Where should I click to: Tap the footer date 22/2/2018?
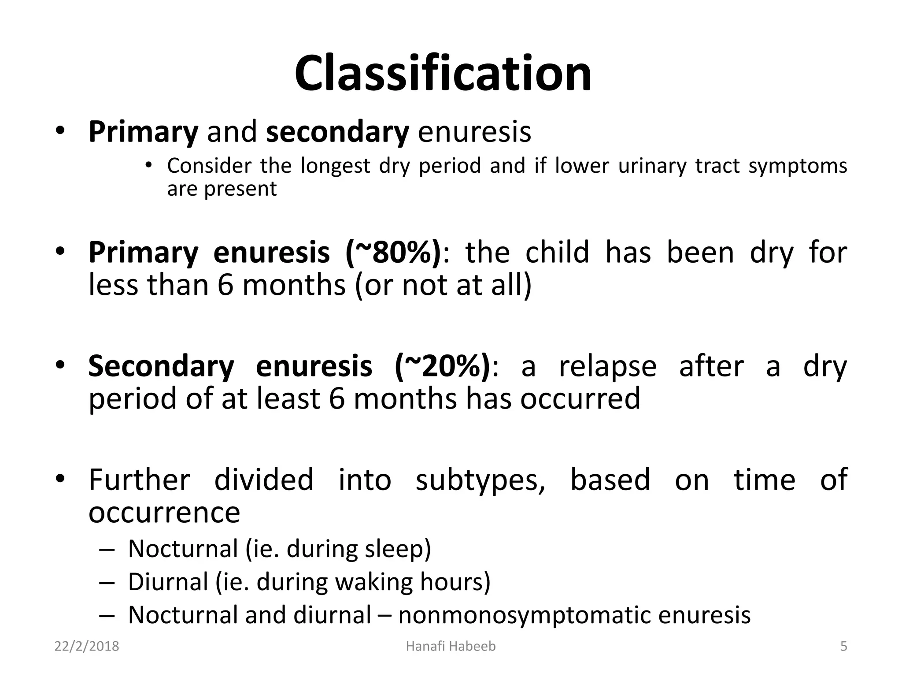[87, 646]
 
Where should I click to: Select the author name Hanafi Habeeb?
[451, 646]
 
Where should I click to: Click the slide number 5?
[843, 646]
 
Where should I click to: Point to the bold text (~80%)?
[393, 253]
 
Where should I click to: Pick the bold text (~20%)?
[442, 366]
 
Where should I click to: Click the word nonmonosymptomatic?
[524, 615]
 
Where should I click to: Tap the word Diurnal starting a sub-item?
[168, 582]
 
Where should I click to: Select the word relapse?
[607, 366]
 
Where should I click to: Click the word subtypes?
[480, 480]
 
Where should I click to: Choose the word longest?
[336, 166]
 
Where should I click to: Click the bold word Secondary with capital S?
[161, 366]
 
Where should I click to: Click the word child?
[557, 253]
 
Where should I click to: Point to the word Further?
[139, 480]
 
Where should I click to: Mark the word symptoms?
[798, 166]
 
